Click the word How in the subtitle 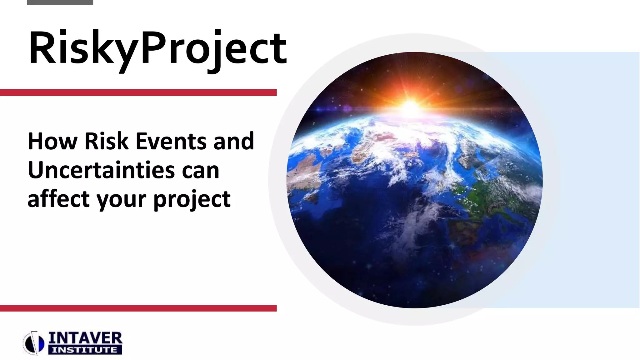coord(52,141)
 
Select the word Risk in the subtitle coord(106,141)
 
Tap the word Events coord(171,141)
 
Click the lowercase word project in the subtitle coord(192,200)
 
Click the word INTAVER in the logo coord(85,338)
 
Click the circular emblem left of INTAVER coord(34,343)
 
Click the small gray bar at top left coord(60,2)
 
